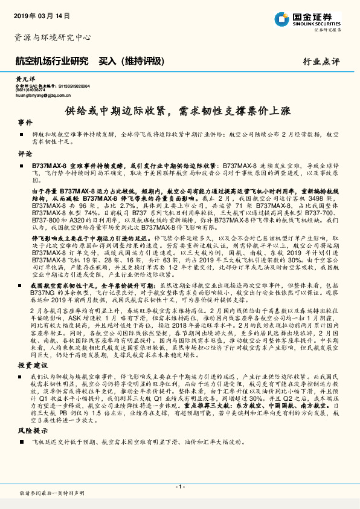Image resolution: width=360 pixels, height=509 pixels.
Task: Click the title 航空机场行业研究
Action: tap(51, 61)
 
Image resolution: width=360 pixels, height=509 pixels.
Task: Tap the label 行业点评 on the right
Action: tap(321, 62)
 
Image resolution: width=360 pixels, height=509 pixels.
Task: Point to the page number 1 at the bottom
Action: tap(179, 486)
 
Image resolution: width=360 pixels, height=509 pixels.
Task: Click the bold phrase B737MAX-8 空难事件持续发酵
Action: tap(76, 164)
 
